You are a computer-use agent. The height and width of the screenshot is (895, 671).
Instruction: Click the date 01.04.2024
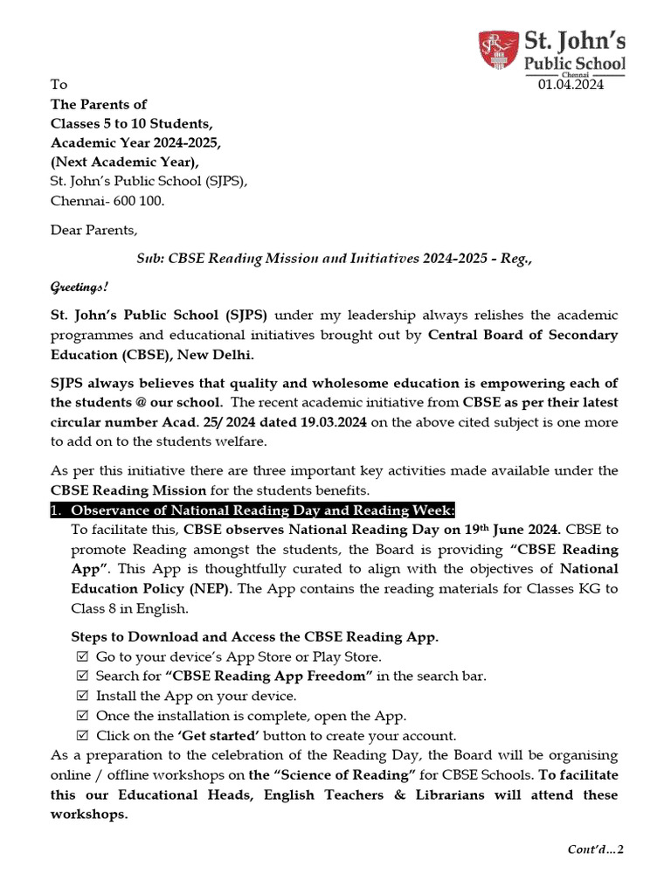coord(571,85)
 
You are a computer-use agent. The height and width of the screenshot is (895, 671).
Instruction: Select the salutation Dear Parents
coord(93,231)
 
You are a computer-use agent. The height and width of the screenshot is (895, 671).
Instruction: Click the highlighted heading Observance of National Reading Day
coord(262,510)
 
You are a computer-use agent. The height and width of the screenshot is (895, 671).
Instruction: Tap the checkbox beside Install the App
coord(83,697)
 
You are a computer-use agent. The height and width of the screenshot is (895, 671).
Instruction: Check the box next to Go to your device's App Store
coord(83,656)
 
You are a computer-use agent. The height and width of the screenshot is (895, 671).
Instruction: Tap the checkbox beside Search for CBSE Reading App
coord(83,676)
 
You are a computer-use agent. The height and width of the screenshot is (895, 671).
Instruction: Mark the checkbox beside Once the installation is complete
coord(83,717)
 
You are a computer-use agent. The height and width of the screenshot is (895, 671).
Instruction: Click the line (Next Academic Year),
coord(125,162)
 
